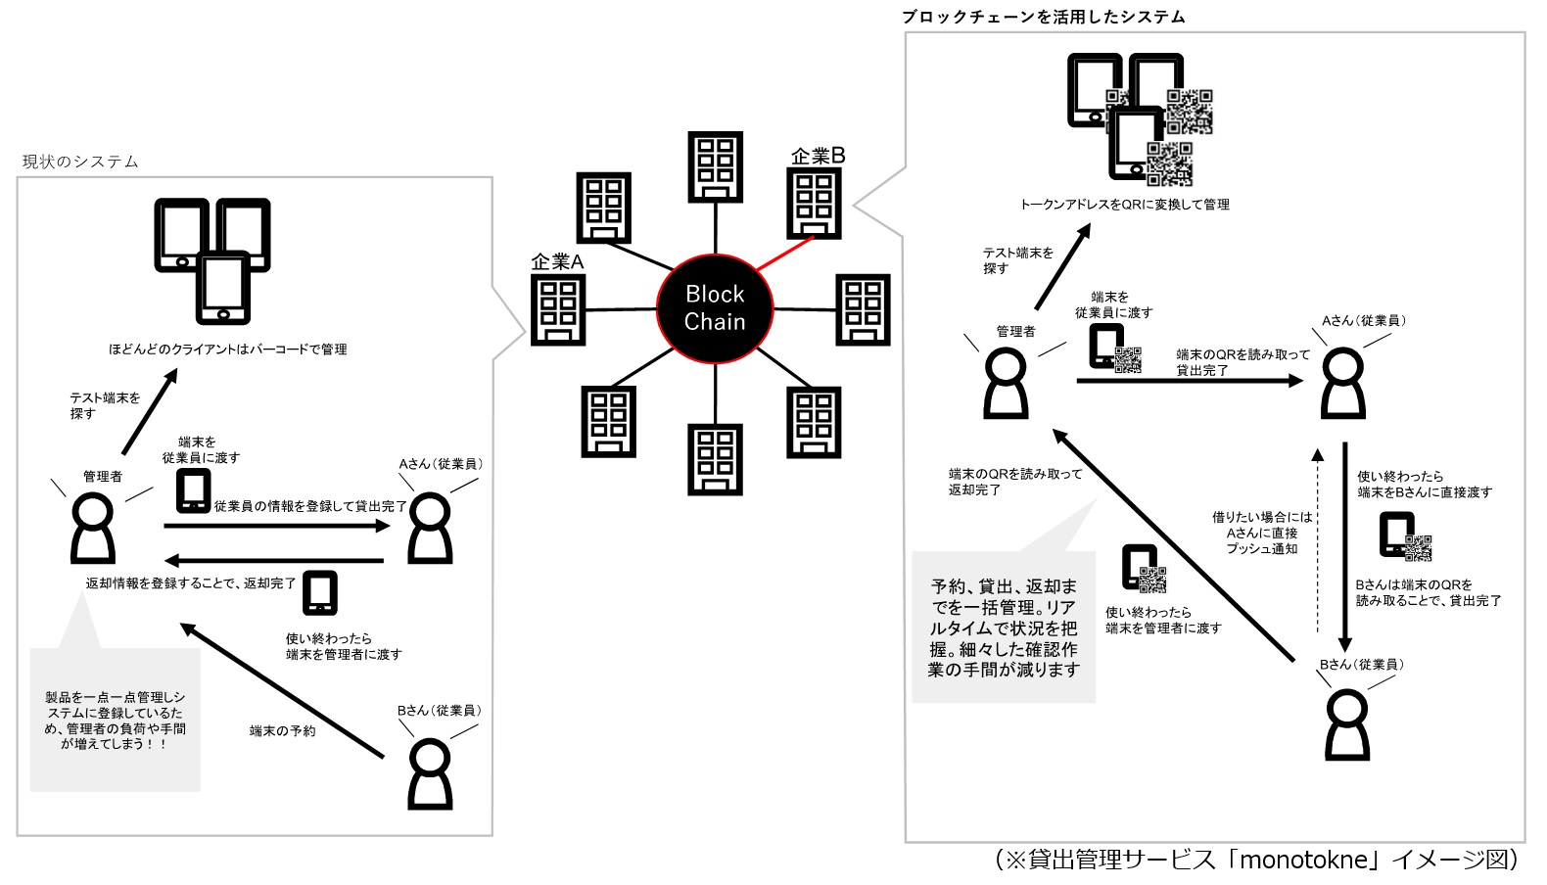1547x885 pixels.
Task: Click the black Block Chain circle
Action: (715, 308)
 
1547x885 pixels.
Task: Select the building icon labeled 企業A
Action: (558, 309)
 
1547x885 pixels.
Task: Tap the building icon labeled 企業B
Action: (814, 203)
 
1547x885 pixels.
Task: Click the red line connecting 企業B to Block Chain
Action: (785, 255)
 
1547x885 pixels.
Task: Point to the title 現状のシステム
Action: (80, 162)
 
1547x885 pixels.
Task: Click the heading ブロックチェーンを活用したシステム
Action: (1044, 17)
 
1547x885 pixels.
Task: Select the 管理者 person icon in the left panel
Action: (93, 529)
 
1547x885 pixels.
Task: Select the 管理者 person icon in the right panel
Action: (1006, 384)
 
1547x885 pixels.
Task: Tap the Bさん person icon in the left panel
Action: (430, 773)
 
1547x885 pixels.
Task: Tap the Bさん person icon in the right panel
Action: (1347, 724)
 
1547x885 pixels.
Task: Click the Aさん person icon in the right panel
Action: (1343, 384)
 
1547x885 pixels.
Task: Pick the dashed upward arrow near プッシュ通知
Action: (1318, 548)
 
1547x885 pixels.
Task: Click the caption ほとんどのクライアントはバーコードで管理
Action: (227, 349)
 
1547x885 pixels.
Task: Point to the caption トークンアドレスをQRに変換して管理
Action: (1124, 205)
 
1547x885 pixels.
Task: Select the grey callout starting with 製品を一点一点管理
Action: (116, 720)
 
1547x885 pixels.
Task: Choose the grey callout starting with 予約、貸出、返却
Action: (1004, 628)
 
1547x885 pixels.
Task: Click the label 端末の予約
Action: (282, 731)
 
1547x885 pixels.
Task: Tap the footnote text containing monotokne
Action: (1257, 860)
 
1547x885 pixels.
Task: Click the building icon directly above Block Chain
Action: (716, 167)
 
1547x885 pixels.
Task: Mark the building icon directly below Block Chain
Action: (716, 458)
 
